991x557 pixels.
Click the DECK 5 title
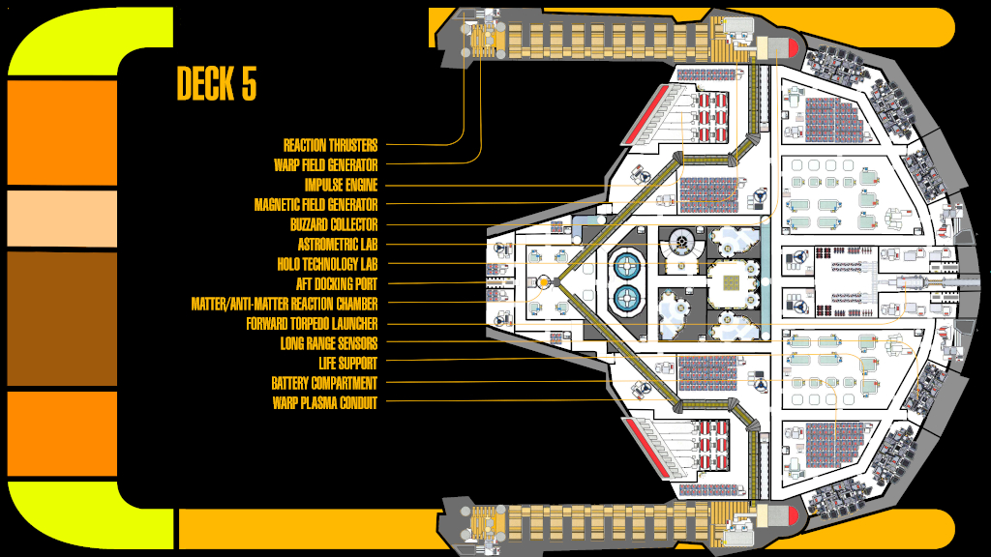point(217,84)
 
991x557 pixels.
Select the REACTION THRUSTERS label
point(330,146)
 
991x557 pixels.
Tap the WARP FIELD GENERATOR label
point(325,165)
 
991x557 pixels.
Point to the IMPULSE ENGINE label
point(341,186)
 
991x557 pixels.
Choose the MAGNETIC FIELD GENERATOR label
point(315,205)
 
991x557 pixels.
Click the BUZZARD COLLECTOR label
point(333,225)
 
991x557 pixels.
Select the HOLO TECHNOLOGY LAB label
point(327,265)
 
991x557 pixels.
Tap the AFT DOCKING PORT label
point(337,284)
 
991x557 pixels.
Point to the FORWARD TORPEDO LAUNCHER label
point(312,324)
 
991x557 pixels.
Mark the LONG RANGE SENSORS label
point(329,343)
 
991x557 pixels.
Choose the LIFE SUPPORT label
point(348,364)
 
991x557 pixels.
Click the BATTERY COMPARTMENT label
point(324,383)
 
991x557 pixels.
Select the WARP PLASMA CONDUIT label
point(325,403)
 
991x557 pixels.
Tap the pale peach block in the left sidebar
point(62,219)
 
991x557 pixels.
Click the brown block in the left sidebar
point(62,318)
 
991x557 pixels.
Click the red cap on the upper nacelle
point(788,44)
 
